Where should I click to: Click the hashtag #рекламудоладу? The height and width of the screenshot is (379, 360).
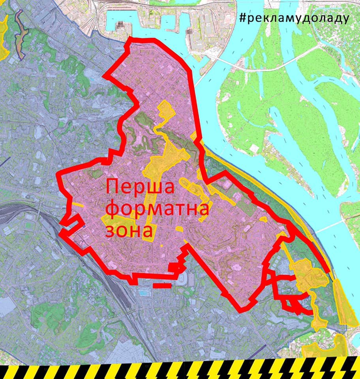coord(294,19)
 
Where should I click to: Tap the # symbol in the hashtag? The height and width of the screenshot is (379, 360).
coord(243,19)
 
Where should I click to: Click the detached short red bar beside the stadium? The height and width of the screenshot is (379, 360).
coord(162,284)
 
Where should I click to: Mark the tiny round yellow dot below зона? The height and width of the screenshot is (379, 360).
coord(161,246)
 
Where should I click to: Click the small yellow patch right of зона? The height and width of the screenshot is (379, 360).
coord(179,229)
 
